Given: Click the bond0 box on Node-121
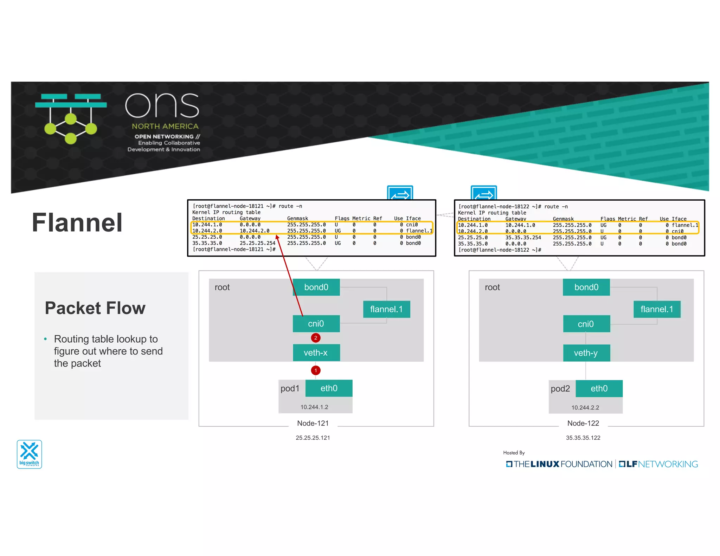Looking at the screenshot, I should [x=316, y=287].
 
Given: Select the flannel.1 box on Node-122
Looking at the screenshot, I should [x=657, y=309].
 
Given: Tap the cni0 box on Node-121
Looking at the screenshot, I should [x=316, y=324].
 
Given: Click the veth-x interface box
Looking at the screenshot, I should [x=316, y=353].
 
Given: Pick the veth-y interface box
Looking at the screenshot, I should [x=586, y=353].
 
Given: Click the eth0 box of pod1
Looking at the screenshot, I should [x=329, y=388].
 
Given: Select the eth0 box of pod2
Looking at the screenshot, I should [x=599, y=389].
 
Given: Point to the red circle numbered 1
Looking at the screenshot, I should [x=316, y=370].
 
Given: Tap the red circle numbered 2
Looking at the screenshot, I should [x=316, y=338].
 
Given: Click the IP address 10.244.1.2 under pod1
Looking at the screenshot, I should [x=314, y=407].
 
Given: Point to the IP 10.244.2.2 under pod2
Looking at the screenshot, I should [x=585, y=408].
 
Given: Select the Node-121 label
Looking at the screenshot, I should [x=313, y=423].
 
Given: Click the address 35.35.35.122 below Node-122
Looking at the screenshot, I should [x=583, y=438].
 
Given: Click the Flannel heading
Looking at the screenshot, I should [x=77, y=223].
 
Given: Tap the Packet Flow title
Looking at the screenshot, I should [x=95, y=308].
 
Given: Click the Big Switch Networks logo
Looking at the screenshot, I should [x=30, y=454].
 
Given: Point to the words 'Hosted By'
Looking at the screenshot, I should [x=514, y=453].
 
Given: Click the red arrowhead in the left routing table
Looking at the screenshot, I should [x=277, y=238].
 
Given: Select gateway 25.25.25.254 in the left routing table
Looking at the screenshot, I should [x=257, y=243].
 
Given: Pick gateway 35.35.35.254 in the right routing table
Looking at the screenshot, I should [x=523, y=238].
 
